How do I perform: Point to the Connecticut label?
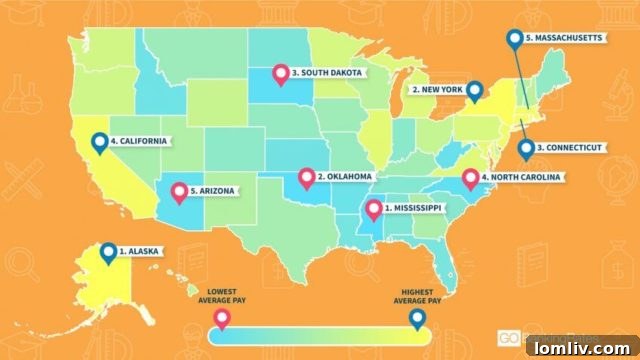[x=569, y=147]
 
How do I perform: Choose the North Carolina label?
[x=522, y=178]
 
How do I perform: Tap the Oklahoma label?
[x=344, y=177]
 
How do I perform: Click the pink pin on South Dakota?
[x=281, y=74]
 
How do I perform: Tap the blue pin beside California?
[x=98, y=143]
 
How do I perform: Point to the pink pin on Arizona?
[x=179, y=190]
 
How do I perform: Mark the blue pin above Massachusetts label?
[x=514, y=39]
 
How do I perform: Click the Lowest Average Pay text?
[x=222, y=292]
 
